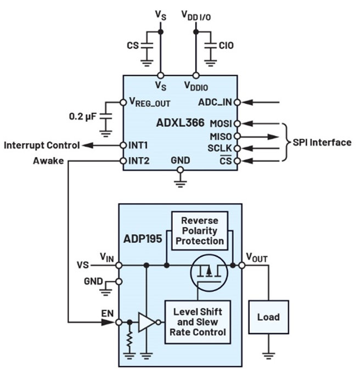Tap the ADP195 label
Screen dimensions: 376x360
point(141,239)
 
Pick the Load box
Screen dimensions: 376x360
point(268,317)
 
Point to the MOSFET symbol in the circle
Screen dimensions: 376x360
point(208,273)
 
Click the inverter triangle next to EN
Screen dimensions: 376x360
point(147,323)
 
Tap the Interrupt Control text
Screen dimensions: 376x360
point(41,145)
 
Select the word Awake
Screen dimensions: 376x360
point(49,161)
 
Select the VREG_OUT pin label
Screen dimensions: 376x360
point(150,102)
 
